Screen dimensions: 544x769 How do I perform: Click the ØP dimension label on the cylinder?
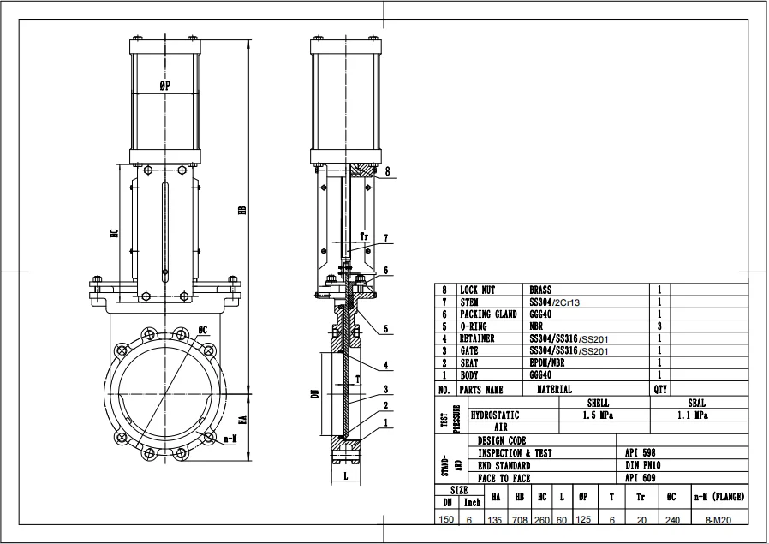point(165,86)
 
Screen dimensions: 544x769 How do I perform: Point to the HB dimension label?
point(242,210)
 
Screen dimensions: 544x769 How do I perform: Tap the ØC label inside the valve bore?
point(203,329)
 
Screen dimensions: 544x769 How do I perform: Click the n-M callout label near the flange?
point(230,439)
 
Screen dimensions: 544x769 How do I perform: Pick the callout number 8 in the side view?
point(386,171)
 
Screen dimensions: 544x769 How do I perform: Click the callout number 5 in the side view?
point(386,329)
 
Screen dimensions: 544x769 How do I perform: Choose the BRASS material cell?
point(541,290)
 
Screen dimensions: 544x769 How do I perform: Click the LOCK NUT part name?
point(478,290)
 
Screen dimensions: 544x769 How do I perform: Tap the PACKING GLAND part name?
point(488,314)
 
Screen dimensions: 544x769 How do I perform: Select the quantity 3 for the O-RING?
point(659,326)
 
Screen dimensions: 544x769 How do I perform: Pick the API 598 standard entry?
point(640,453)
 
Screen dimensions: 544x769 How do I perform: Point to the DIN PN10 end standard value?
point(642,465)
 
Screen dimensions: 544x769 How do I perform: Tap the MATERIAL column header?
point(554,388)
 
